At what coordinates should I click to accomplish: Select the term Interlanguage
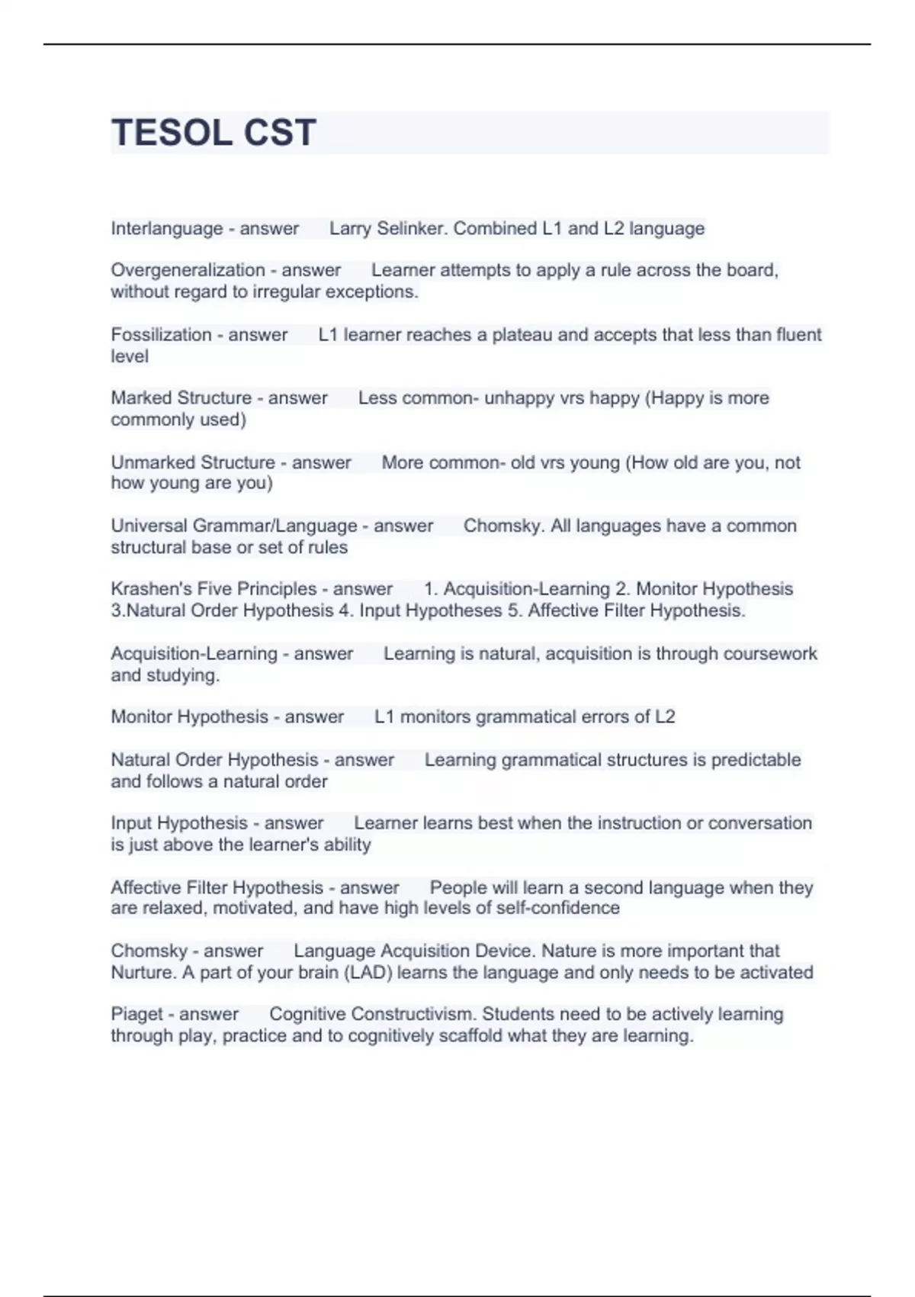tap(166, 229)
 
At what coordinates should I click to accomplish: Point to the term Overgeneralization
tap(188, 270)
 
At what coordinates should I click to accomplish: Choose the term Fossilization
tap(160, 335)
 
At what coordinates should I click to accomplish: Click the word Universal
tap(149, 526)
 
